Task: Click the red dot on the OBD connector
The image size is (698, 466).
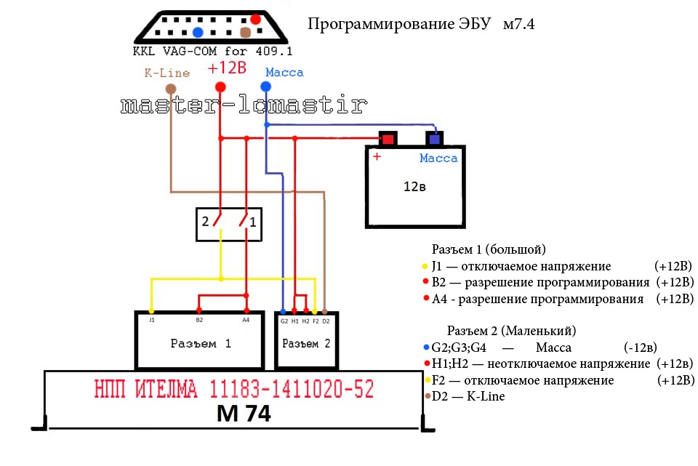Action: [255, 19]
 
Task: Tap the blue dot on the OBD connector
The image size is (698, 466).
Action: [198, 32]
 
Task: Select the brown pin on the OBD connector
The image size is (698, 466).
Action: [245, 32]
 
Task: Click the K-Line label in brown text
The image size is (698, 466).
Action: [167, 73]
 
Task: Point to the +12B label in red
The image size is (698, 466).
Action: [227, 68]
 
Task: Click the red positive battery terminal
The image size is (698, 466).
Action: [388, 139]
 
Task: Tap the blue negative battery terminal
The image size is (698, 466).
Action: [435, 139]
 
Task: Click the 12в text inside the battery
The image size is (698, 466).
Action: [414, 187]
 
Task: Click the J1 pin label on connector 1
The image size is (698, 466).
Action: [152, 320]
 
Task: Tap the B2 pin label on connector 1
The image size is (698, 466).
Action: [199, 320]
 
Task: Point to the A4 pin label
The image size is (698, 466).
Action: [246, 320]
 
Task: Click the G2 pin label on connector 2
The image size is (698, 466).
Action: [284, 321]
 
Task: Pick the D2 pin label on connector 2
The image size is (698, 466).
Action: [326, 321]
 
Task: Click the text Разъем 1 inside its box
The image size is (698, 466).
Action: [201, 344]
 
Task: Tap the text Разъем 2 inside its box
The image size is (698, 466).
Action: [306, 344]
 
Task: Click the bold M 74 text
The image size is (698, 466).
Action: [244, 414]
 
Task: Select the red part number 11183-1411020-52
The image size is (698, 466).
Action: [292, 389]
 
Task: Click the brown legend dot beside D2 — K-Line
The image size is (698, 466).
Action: [428, 396]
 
